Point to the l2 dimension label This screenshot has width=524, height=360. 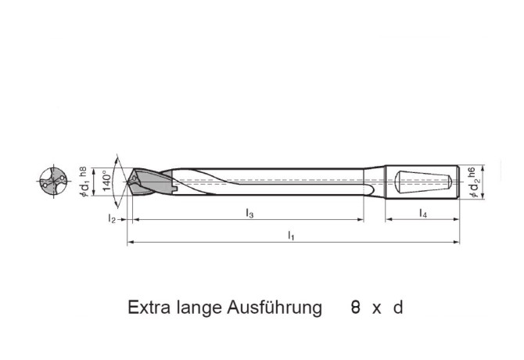[112, 220]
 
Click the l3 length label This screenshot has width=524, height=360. [249, 213]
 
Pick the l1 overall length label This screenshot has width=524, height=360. [291, 234]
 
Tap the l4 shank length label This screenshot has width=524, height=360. [422, 213]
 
